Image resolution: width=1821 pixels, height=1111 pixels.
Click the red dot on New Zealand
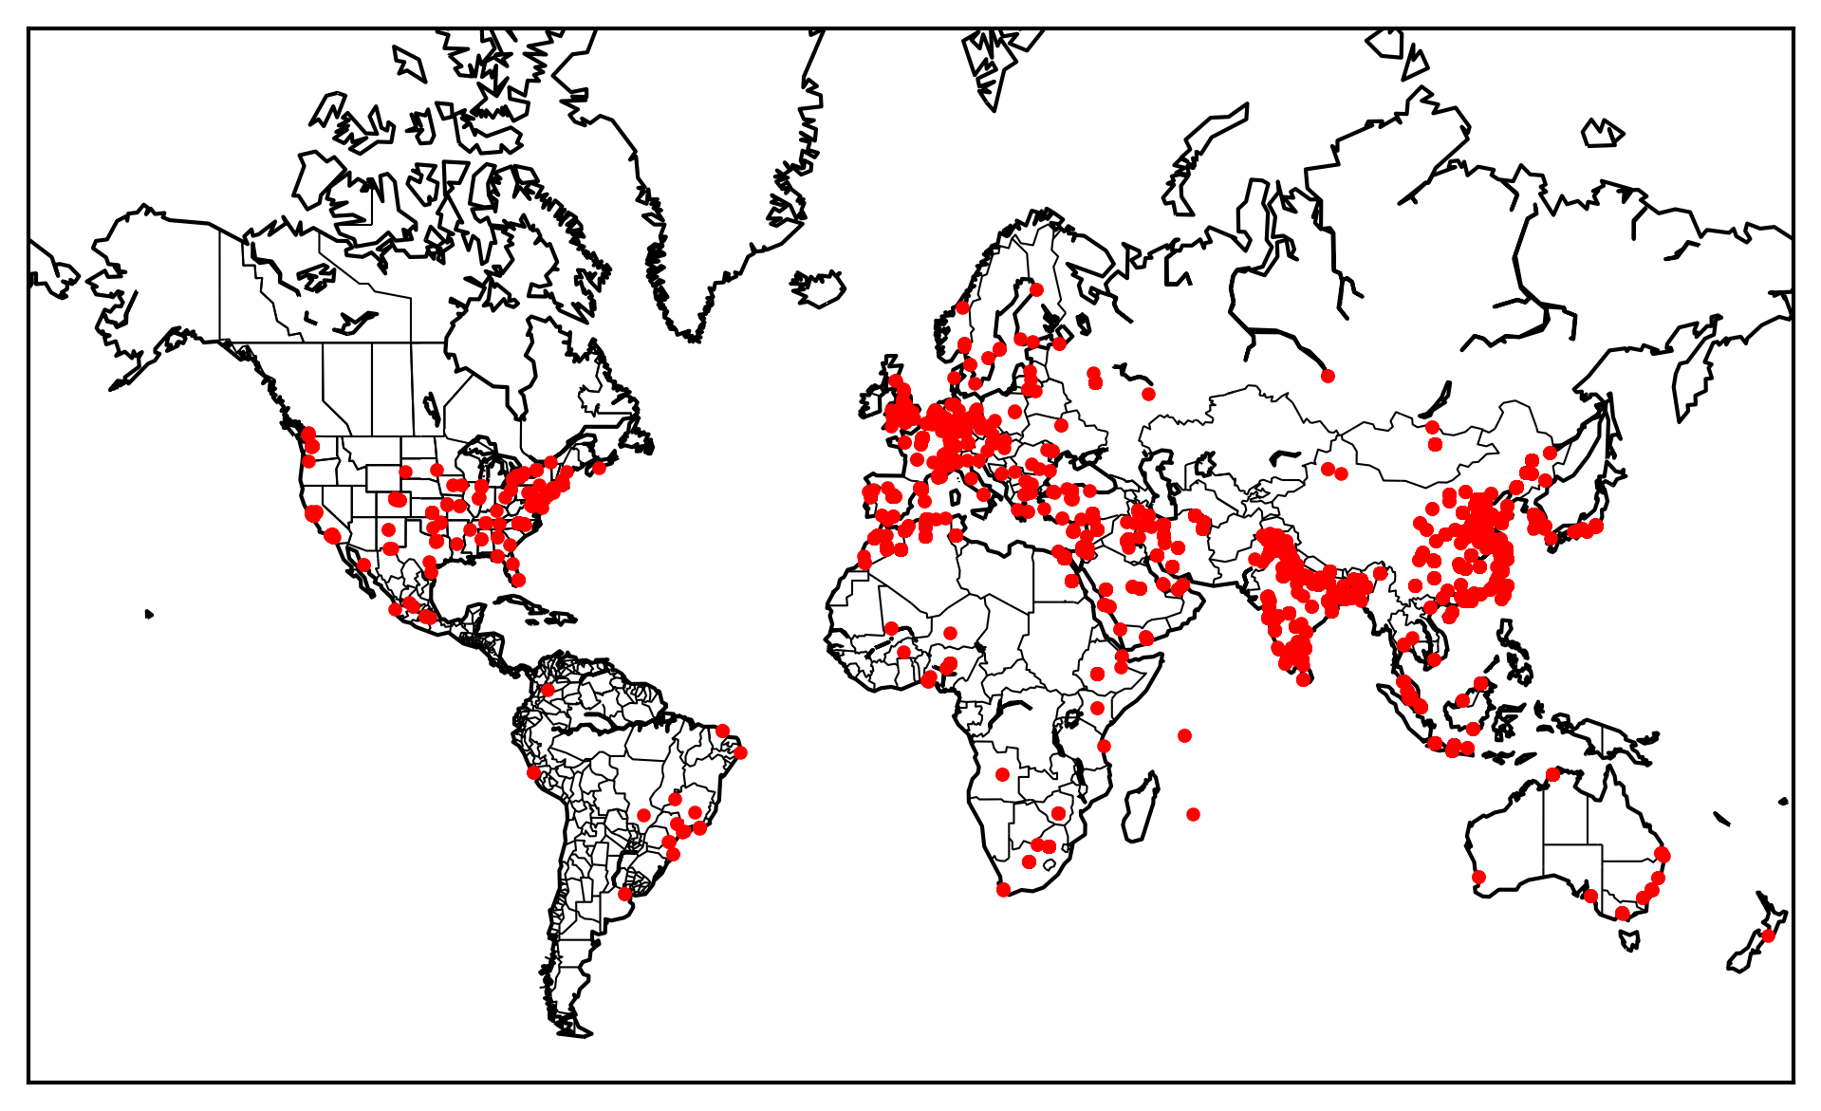click(x=1767, y=935)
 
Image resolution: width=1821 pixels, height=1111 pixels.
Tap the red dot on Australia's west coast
click(x=1478, y=877)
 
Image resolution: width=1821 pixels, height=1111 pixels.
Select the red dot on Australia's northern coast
click(x=1552, y=774)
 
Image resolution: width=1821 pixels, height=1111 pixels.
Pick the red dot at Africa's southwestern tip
click(x=1003, y=889)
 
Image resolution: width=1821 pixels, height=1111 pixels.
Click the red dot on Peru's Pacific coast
click(x=533, y=772)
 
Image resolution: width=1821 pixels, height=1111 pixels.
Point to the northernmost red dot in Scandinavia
click(x=1036, y=289)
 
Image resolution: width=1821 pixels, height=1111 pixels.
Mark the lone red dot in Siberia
click(x=1328, y=376)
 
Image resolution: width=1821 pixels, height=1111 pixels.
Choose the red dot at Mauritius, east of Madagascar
click(x=1193, y=814)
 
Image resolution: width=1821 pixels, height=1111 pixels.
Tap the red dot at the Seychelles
click(x=1184, y=735)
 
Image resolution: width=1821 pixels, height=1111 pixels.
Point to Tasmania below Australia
click(x=1629, y=939)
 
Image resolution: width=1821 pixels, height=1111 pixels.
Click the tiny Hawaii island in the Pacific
click(x=149, y=615)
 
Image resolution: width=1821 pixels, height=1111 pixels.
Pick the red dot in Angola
click(x=1002, y=774)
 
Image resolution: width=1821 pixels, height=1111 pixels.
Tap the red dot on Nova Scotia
click(x=599, y=468)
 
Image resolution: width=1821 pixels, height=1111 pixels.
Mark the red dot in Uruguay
click(x=624, y=894)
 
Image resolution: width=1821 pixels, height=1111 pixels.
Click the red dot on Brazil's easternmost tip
click(x=740, y=752)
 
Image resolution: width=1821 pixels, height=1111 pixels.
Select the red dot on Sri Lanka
click(x=1304, y=678)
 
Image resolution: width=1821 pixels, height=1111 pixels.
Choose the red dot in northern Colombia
click(x=547, y=690)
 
